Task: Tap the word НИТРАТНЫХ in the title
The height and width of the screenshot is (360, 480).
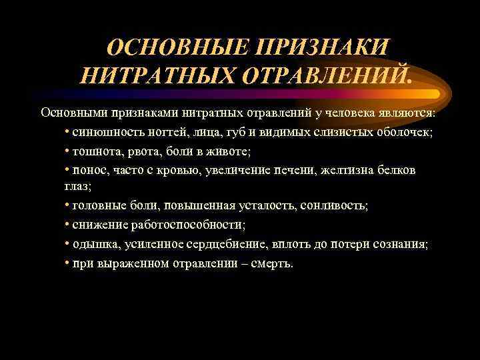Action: click(x=157, y=75)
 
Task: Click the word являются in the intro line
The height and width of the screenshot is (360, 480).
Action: click(x=405, y=111)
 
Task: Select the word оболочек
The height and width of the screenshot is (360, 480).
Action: click(x=405, y=131)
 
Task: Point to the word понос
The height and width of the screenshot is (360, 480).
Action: click(x=90, y=170)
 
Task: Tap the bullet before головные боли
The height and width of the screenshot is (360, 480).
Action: click(x=67, y=206)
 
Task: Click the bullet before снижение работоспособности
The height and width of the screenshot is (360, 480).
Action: click(x=67, y=225)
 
